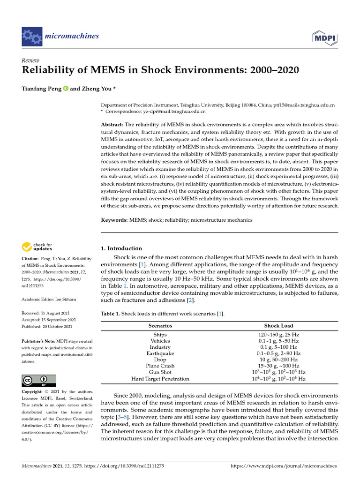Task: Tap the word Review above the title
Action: tap(30, 60)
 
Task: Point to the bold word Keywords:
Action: tap(115, 220)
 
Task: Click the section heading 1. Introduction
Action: tap(121, 248)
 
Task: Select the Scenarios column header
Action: tap(160, 325)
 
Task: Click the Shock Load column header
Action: tap(278, 325)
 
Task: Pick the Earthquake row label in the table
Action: tap(160, 353)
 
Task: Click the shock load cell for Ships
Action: tap(278, 335)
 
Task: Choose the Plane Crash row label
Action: tap(160, 366)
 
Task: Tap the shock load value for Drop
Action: tap(278, 360)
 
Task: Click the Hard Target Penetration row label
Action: tap(160, 378)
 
